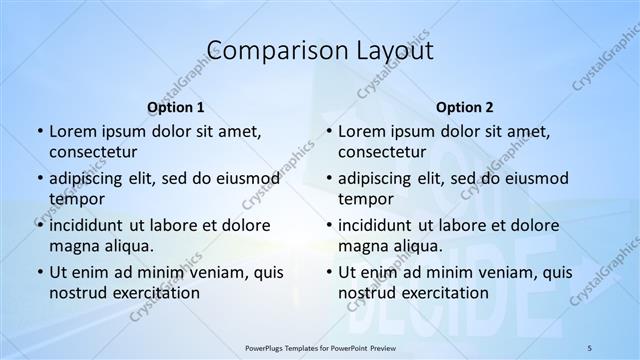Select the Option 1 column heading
(176, 107)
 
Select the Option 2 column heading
(465, 107)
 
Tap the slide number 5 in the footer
(590, 348)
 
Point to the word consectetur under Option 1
(93, 152)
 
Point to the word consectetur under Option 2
(382, 152)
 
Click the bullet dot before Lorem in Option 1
(39, 131)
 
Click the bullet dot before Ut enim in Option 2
(328, 272)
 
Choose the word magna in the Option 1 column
(73, 246)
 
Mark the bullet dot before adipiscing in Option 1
(39, 178)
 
